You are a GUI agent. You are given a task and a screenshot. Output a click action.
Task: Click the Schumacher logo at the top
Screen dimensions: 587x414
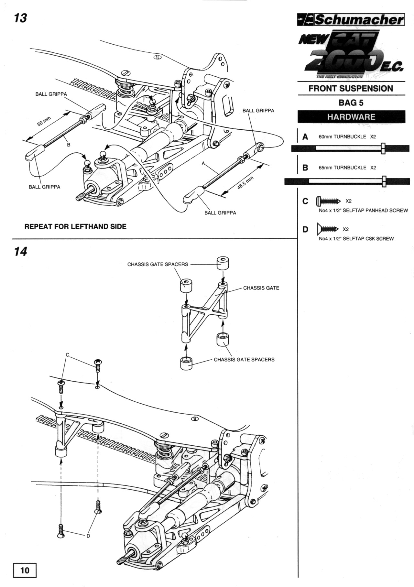351,20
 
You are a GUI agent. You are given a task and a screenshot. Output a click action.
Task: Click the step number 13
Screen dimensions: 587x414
20,18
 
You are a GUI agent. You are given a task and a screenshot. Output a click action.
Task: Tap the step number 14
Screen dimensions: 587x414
20,251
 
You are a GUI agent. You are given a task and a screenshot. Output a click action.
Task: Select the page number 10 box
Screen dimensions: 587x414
25,570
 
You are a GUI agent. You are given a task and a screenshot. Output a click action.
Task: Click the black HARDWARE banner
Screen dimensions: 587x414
351,117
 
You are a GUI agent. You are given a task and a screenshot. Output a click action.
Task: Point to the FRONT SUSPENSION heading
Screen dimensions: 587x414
351,88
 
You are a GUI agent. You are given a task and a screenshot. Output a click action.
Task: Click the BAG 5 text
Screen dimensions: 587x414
351,103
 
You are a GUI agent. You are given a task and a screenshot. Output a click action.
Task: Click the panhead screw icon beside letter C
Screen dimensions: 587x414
328,201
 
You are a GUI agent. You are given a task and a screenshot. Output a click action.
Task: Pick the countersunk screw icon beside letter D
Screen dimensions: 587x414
327,229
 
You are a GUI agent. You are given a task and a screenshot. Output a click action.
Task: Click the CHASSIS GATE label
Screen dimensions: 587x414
261,288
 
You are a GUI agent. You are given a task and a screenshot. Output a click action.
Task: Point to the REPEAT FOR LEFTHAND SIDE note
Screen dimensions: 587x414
75,226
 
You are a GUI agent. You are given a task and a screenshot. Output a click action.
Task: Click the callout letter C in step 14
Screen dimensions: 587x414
67,355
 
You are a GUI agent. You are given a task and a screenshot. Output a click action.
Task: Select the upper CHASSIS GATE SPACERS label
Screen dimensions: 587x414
158,264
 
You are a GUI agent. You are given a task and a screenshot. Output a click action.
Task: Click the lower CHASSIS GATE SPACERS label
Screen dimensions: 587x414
244,359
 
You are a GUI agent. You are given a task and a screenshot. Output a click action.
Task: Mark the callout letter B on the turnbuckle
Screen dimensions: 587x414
69,145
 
